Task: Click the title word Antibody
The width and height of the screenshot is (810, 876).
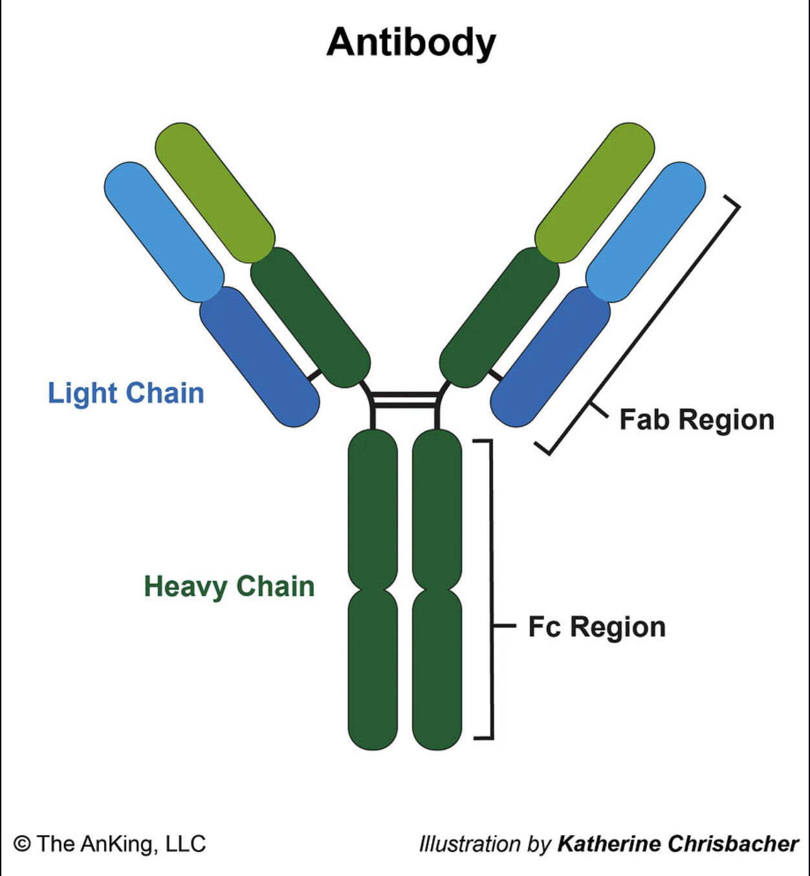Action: (411, 43)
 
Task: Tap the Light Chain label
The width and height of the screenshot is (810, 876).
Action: (126, 393)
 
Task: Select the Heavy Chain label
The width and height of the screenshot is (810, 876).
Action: (229, 587)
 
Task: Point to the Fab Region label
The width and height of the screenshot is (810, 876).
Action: (697, 420)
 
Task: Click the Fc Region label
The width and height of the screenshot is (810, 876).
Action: (597, 627)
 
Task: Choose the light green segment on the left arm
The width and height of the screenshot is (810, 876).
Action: (215, 193)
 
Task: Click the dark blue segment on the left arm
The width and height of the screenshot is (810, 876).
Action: (259, 357)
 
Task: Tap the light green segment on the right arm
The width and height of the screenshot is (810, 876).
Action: (595, 193)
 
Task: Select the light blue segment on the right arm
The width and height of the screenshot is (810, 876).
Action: (646, 232)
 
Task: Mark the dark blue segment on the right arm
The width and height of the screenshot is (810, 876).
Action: (551, 357)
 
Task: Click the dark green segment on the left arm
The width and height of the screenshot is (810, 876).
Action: (311, 317)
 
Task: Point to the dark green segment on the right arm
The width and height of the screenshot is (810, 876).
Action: (499, 317)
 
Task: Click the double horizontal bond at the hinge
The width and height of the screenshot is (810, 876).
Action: (405, 400)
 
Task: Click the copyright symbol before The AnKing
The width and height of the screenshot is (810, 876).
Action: (22, 844)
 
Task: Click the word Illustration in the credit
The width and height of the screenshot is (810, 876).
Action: (470, 844)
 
